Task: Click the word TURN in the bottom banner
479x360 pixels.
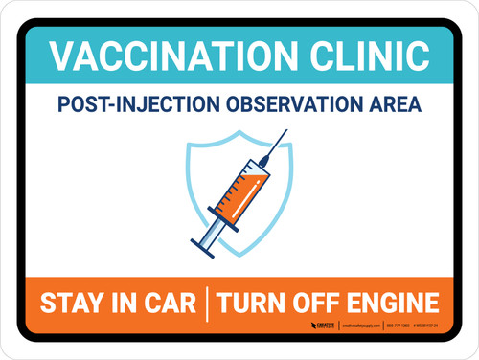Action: pos(251,304)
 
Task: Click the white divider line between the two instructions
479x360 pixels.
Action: pos(207,304)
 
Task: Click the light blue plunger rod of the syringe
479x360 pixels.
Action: pos(215,229)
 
